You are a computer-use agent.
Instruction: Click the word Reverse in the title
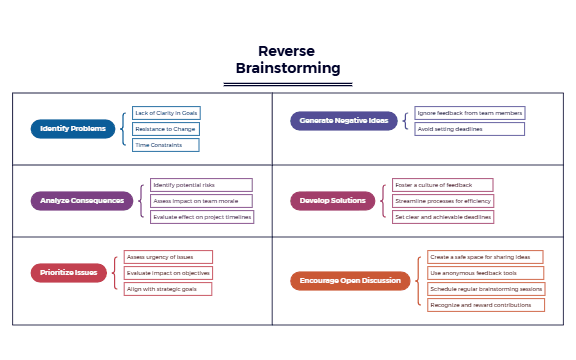point(288,51)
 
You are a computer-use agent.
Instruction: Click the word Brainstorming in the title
point(288,68)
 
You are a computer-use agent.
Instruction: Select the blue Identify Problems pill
point(74,128)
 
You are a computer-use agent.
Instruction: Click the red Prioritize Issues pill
point(68,272)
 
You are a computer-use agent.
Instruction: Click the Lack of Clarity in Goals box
point(165,113)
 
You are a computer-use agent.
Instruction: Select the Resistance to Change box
point(165,129)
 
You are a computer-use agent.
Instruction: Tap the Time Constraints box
point(165,145)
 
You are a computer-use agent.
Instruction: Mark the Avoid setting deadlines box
point(469,129)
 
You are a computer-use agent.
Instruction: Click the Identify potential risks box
point(200,185)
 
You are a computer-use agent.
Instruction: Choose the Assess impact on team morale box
point(200,201)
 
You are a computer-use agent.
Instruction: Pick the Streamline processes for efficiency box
point(443,201)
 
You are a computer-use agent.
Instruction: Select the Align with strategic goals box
point(168,289)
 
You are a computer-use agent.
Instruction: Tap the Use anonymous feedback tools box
point(485,273)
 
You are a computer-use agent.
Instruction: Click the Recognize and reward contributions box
point(485,305)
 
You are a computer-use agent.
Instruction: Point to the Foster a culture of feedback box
point(443,185)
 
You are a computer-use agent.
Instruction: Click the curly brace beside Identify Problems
point(124,129)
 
